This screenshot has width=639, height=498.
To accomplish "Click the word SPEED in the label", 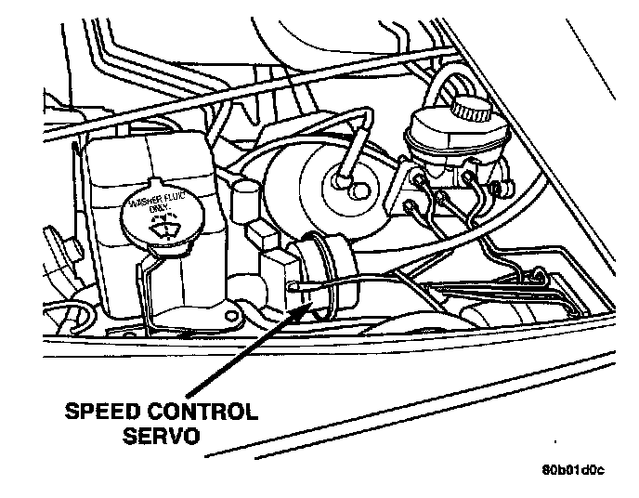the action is (97, 413).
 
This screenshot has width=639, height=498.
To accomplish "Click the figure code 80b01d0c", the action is (573, 468).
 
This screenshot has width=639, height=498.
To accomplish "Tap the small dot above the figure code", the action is (555, 437).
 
